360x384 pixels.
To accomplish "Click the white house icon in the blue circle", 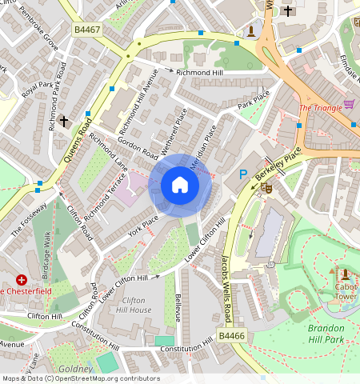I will tap(180, 186).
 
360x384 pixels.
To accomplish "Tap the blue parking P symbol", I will tap(243, 174).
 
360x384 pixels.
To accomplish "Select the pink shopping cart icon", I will tap(349, 104).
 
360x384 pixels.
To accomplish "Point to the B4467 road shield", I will tap(88, 30).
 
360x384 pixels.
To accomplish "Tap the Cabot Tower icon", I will tap(345, 274).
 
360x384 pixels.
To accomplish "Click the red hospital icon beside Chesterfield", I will tap(21, 279).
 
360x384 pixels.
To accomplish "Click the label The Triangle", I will tap(320, 108).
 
